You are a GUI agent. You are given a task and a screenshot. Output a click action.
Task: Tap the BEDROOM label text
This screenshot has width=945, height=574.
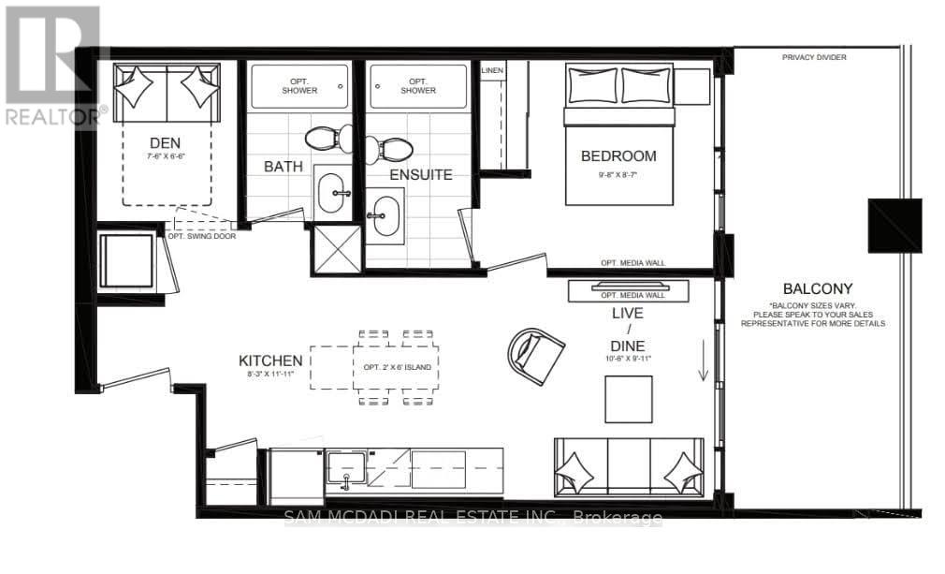618,156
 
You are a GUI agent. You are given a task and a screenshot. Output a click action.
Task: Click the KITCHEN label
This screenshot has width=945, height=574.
270,361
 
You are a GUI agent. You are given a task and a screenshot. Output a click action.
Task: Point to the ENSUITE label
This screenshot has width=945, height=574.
421,174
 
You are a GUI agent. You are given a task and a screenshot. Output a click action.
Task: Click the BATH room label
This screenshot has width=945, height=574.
282,166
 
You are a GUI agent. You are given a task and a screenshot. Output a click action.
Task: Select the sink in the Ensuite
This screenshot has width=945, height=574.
382,216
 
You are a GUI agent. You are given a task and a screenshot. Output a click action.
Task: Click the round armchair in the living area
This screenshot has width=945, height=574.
536,357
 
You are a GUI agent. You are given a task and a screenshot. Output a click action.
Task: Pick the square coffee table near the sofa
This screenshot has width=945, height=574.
628,399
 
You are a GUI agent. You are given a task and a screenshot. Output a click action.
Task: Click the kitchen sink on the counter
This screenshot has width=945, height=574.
346,469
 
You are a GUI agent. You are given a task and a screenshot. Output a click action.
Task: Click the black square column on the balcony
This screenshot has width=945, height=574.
894,226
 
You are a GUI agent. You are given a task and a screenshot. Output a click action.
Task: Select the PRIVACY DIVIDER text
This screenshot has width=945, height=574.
814,58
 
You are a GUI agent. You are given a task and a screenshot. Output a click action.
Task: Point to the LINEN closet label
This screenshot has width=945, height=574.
492,71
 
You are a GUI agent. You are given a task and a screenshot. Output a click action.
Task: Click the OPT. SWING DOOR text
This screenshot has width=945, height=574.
201,236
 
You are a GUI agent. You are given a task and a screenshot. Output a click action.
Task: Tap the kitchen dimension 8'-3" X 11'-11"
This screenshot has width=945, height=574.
270,375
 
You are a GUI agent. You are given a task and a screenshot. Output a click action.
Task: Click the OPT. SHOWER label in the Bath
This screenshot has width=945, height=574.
299,86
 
